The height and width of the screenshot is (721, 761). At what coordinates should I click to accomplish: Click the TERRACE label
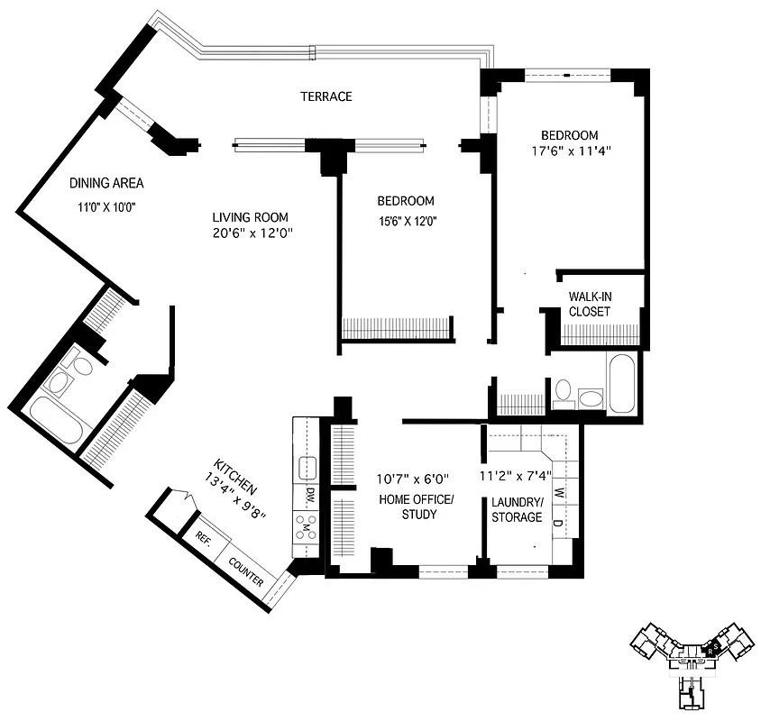point(326,96)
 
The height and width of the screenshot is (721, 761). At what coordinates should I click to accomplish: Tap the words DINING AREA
point(106,183)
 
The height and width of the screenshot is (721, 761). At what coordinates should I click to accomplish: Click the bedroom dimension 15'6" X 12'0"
point(405,219)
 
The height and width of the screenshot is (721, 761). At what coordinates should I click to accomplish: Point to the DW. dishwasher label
point(309,494)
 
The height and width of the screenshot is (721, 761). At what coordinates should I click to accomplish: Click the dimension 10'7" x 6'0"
point(412,479)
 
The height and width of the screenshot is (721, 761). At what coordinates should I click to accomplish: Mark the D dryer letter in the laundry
point(557,524)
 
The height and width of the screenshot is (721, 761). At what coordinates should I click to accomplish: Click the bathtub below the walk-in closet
point(623,384)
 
